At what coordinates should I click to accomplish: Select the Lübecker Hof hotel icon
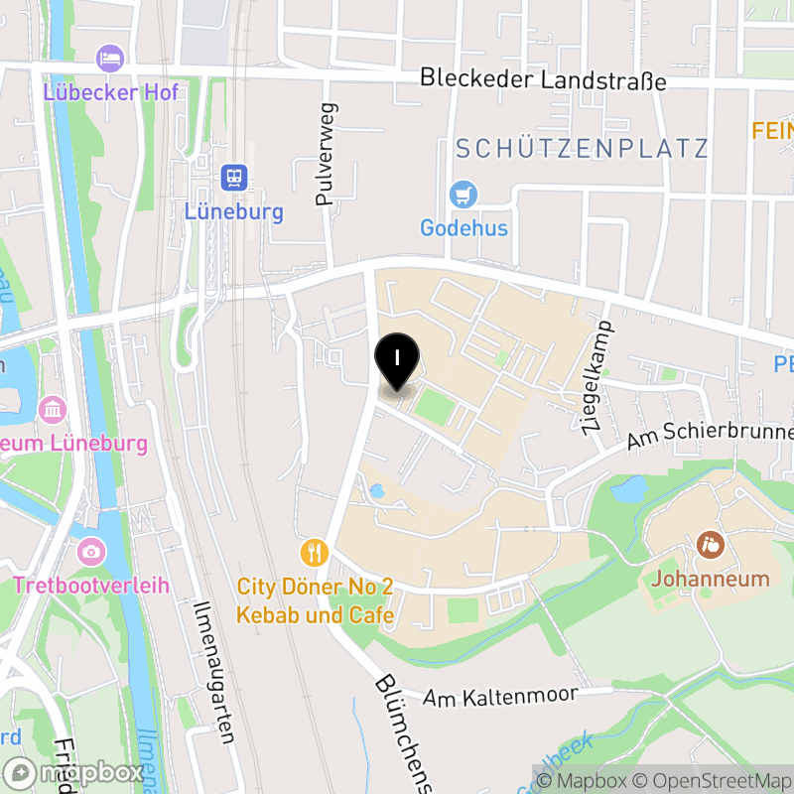coord(110,58)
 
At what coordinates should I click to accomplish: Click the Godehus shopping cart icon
coord(463,194)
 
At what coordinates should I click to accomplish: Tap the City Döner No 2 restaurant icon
coord(315,551)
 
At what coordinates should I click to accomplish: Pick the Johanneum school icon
coord(711,544)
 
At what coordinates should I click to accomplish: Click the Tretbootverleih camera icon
coord(90,551)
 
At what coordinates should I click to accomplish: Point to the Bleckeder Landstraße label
coord(543,79)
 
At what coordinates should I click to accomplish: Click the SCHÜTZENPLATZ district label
coord(582,149)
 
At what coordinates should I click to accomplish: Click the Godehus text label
coord(463,228)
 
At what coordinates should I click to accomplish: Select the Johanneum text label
coord(712,579)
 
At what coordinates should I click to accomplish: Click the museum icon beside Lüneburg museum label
coord(53,408)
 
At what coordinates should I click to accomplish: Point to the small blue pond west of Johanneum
coord(631,488)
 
